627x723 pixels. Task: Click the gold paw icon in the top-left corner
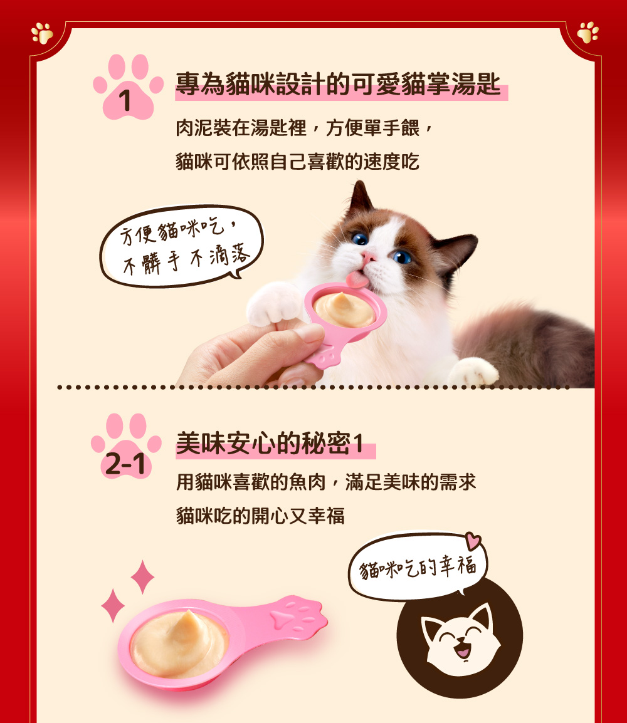tap(42, 33)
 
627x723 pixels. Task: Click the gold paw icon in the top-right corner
tap(587, 33)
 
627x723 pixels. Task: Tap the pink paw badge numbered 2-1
tap(126, 446)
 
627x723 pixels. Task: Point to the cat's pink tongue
tap(357, 279)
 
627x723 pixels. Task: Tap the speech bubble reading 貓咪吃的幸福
tap(418, 566)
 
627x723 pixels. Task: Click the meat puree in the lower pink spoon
tap(179, 642)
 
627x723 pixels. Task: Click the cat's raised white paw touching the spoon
tap(275, 304)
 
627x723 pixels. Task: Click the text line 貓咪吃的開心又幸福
tap(260, 516)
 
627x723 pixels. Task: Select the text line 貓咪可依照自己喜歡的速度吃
tap(298, 162)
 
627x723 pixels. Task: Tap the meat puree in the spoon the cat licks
tap(344, 309)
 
